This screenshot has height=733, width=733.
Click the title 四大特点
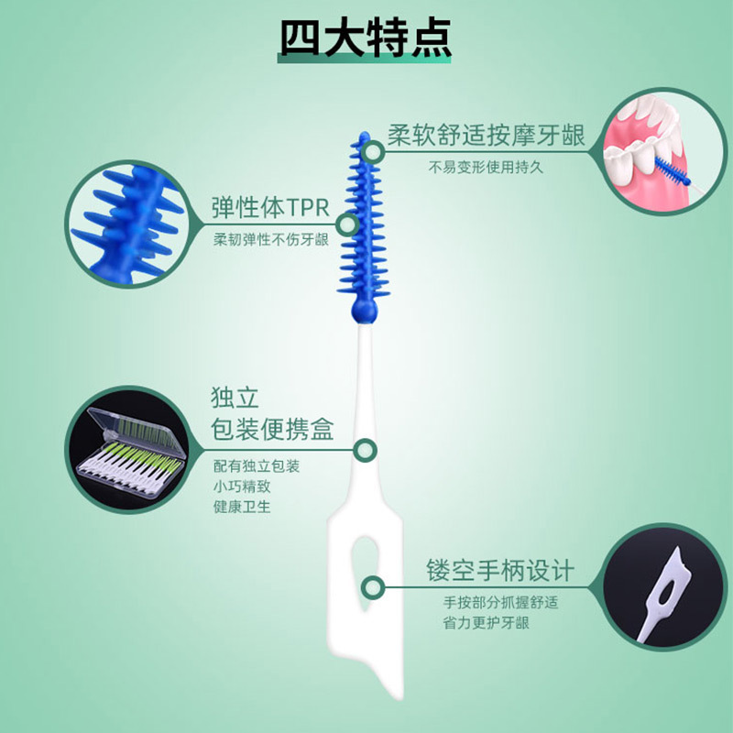365,38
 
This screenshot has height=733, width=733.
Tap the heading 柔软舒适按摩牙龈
486,135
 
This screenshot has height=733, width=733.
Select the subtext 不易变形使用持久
486,167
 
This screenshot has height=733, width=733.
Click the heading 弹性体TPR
270,208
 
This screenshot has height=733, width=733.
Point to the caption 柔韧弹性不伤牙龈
271,239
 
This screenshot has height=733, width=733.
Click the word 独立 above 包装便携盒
235,398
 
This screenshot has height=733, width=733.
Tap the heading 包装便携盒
272,429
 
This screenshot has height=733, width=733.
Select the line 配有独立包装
257,465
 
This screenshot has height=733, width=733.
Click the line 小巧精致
242,487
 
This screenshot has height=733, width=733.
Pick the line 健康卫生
242,507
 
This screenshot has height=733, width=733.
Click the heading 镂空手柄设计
500,570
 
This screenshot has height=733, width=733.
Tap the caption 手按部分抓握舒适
500,602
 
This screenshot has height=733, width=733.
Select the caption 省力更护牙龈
487,623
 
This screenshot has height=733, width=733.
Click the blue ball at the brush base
364,310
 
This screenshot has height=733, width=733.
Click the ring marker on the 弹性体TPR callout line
347,224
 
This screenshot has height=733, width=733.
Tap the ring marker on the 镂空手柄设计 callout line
373,587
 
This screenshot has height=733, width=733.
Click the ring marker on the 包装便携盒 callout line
365,451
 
